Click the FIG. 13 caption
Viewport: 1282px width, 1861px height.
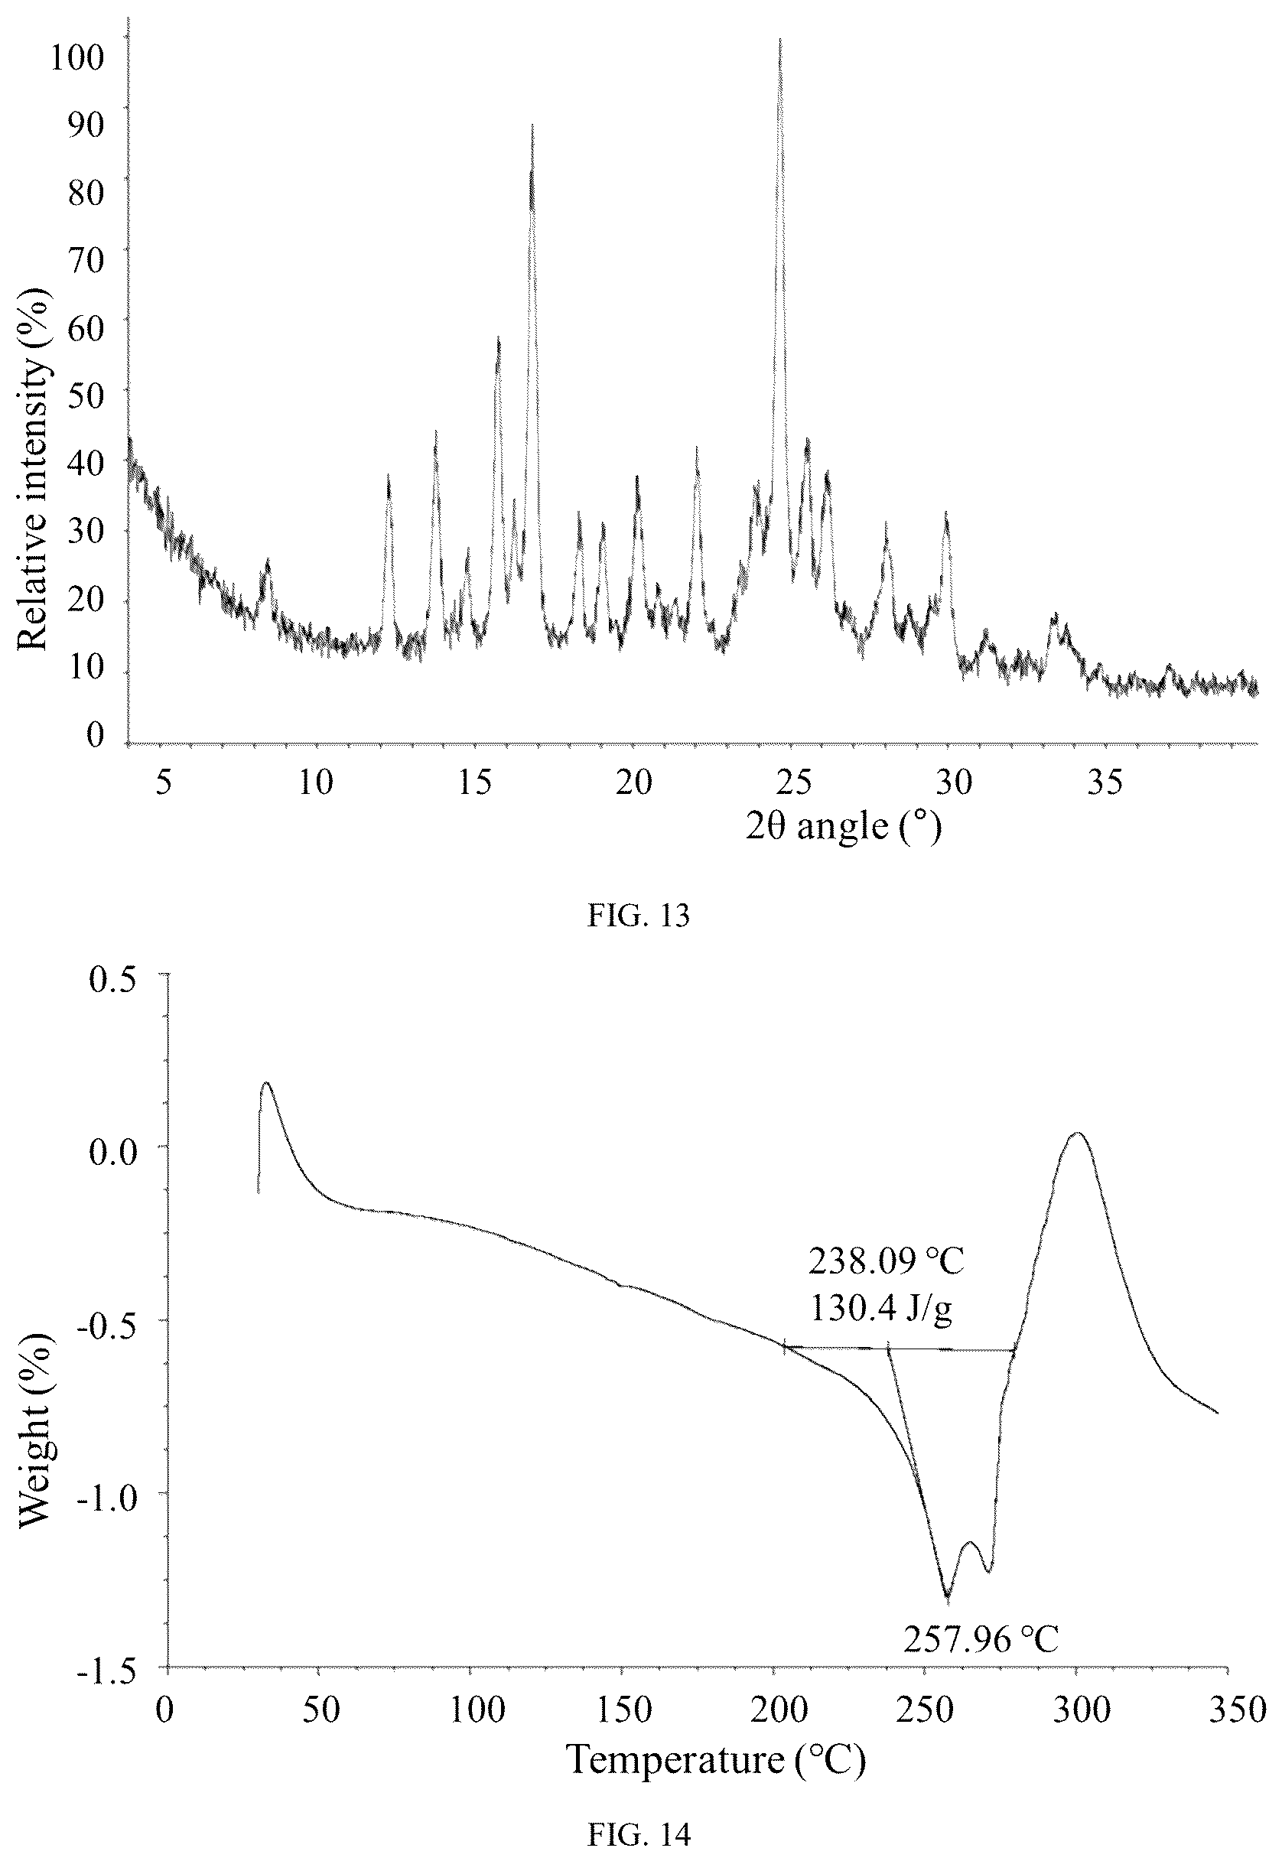[639, 916]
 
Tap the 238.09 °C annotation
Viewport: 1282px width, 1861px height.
[886, 1262]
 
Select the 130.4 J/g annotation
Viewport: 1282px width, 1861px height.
[881, 1310]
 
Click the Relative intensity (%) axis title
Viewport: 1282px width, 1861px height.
[34, 470]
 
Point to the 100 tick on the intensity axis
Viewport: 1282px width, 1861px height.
[77, 58]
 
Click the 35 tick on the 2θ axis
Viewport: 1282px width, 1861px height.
[1105, 781]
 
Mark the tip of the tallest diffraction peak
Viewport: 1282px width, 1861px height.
[779, 38]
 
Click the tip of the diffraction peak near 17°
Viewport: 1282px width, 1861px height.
[532, 125]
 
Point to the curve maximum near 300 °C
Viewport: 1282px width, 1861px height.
[1077, 1134]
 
